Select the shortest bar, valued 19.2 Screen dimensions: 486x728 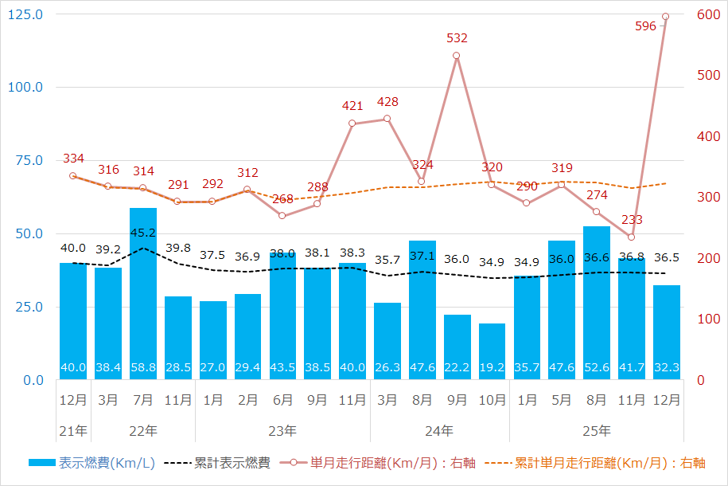492,351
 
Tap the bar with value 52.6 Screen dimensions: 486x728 597,303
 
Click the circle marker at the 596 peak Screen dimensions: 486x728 666,16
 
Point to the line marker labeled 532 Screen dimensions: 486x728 457,56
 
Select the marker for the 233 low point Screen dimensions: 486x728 631,237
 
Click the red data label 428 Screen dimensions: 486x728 387,102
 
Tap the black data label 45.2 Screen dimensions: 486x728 143,233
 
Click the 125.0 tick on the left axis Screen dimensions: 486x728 27,14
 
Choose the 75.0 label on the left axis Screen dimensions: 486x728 29,161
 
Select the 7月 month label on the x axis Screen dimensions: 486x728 143,401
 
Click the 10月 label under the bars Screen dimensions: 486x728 492,401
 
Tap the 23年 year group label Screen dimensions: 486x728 282,431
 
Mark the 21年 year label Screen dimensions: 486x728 73,431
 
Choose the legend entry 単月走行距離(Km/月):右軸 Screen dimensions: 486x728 381,462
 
